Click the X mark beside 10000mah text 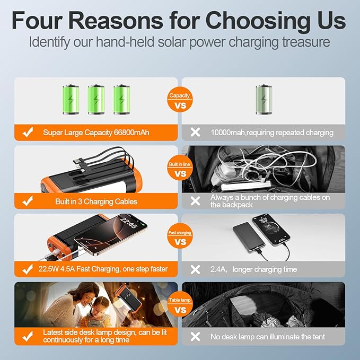195,133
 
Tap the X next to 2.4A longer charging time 195,269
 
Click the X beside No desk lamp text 195,337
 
